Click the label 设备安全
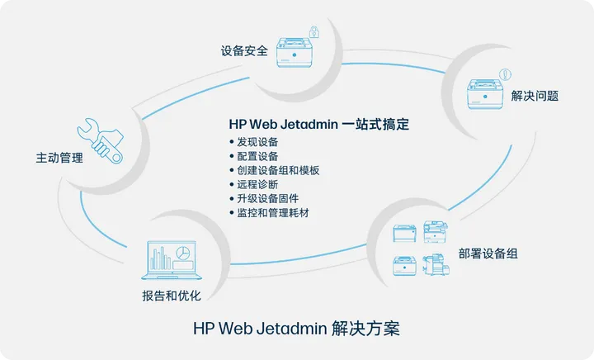pos(244,50)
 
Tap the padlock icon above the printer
pos(313,32)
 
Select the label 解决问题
pos(535,96)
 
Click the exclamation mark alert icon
pos(505,74)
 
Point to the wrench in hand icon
pos(101,140)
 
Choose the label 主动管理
pos(59,158)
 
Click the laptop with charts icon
pos(172,260)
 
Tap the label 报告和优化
pos(172,296)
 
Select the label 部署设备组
pos(488,253)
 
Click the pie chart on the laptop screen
pos(183,253)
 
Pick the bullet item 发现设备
pos(254,142)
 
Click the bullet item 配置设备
pos(254,156)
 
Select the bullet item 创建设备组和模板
pos(274,170)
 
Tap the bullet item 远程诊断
pos(254,184)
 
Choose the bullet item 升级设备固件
pos(264,198)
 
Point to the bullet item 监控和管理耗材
pos(269,212)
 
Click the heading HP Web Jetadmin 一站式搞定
pos(319,125)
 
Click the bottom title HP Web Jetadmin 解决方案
pos(297,328)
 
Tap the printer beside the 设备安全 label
pos(295,52)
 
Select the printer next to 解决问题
pos(485,94)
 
